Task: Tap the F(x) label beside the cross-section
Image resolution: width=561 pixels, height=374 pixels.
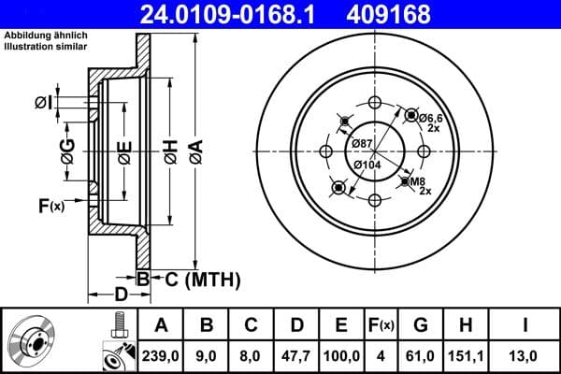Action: click(50, 206)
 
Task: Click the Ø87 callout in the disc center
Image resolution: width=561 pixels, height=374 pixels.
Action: click(363, 141)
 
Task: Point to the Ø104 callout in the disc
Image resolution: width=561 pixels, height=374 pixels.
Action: click(367, 165)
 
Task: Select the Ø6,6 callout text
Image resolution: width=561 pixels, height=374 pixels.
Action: click(431, 117)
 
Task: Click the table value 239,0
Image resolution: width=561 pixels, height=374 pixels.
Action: click(161, 355)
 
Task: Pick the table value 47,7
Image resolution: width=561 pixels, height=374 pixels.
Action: click(295, 355)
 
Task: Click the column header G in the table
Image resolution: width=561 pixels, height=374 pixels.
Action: click(421, 326)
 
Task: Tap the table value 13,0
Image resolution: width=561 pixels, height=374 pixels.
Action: click(526, 355)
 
